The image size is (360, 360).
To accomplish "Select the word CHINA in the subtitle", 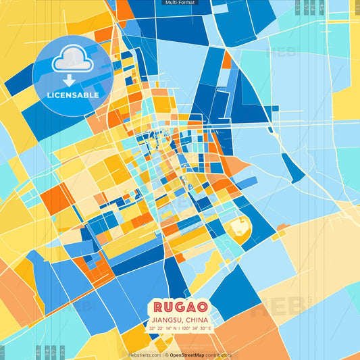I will click(x=196, y=319).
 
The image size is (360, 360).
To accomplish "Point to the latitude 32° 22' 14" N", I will click(x=165, y=328).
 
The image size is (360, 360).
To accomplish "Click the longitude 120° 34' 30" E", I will click(x=197, y=328).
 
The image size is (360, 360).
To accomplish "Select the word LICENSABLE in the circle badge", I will click(x=73, y=95).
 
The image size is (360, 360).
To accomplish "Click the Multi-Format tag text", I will click(x=180, y=3).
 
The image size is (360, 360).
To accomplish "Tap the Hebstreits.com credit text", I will click(x=143, y=355).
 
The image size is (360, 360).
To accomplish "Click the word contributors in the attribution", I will click(x=220, y=355).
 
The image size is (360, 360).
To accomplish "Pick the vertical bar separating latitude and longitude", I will click(x=180, y=328).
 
